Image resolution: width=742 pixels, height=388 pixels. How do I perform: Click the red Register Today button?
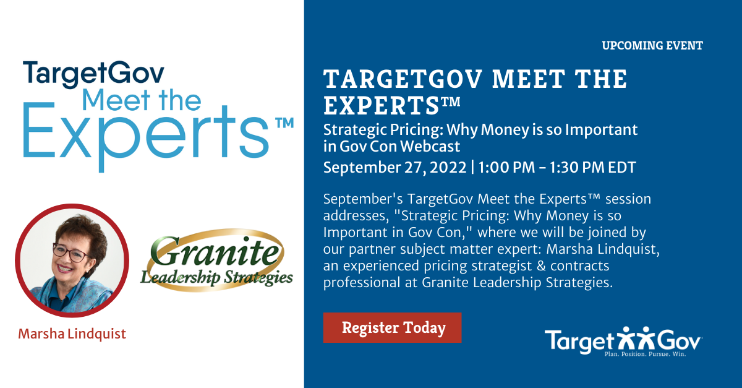[x=392, y=327]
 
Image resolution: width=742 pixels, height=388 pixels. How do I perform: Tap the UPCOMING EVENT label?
[x=652, y=45]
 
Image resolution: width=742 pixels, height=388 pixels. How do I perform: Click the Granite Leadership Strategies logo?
[x=216, y=261]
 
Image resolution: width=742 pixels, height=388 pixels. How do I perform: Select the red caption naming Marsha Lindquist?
[x=72, y=334]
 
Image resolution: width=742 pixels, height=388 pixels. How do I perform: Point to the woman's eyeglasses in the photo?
[x=70, y=252]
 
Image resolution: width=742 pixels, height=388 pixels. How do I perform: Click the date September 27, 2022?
[x=395, y=168]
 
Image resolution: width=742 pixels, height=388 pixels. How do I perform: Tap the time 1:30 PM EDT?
[x=592, y=168]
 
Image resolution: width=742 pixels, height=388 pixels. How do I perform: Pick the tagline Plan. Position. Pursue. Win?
[x=645, y=354]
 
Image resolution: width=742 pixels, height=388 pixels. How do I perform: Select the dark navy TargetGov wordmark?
[x=93, y=74]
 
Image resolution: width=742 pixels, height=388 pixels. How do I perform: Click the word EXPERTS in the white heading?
[x=382, y=106]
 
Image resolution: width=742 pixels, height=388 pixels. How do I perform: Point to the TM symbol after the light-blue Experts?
[x=284, y=123]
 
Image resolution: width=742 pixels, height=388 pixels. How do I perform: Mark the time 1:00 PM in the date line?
[x=507, y=168]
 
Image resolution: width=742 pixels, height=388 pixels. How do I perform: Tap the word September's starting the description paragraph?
[x=363, y=199]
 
